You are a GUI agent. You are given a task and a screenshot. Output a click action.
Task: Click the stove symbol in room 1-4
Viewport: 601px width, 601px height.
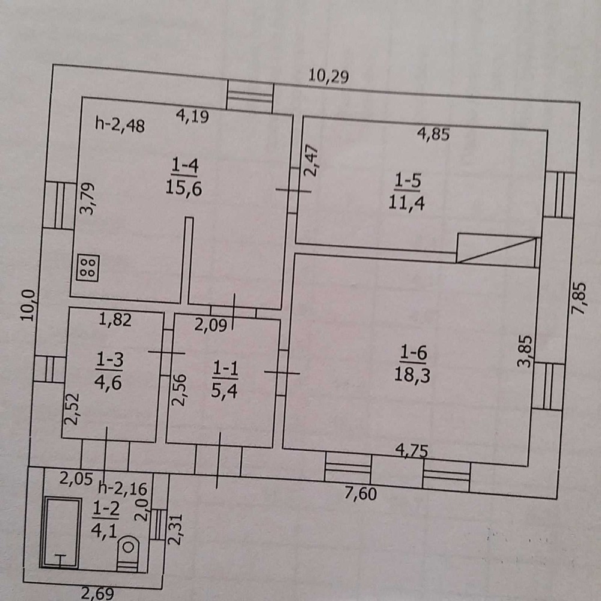coord(88,267)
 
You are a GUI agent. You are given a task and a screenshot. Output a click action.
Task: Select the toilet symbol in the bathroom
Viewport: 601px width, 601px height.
coord(129,553)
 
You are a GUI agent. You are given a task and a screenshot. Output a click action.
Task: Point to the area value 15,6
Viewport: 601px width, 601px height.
coord(184,188)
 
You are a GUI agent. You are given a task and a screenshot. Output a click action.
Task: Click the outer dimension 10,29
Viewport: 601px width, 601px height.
coord(329,76)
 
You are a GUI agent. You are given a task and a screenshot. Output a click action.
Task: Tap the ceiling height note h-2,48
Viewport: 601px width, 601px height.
coord(120,124)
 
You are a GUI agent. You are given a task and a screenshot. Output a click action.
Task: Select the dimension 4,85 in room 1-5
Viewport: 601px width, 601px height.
coord(433,134)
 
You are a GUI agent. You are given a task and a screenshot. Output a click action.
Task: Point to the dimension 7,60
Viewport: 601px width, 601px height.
coord(360,493)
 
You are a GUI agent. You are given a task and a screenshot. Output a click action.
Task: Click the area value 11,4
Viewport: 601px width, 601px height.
coord(407,202)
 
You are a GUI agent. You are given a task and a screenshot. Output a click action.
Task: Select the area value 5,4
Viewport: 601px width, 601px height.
coord(225,391)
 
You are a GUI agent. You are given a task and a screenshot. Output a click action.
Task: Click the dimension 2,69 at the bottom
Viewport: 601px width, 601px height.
coord(97,594)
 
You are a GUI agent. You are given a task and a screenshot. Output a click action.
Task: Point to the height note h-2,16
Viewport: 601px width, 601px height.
coord(123,488)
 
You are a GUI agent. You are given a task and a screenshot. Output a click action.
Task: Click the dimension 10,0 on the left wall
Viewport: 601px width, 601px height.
coord(28,305)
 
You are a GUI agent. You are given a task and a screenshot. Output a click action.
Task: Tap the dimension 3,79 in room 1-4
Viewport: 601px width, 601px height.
coord(87,198)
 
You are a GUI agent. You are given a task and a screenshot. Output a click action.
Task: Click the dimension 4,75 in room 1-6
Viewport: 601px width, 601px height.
coord(412,450)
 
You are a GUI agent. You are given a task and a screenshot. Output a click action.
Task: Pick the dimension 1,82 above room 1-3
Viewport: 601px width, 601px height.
coord(115,319)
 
